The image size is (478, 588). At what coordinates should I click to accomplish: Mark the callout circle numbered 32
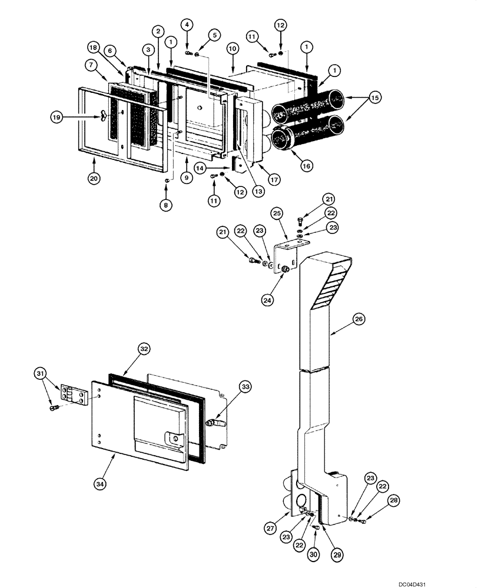(144, 349)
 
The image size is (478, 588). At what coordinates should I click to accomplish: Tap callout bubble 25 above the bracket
(277, 212)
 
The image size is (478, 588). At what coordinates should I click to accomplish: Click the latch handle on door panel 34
(174, 438)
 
